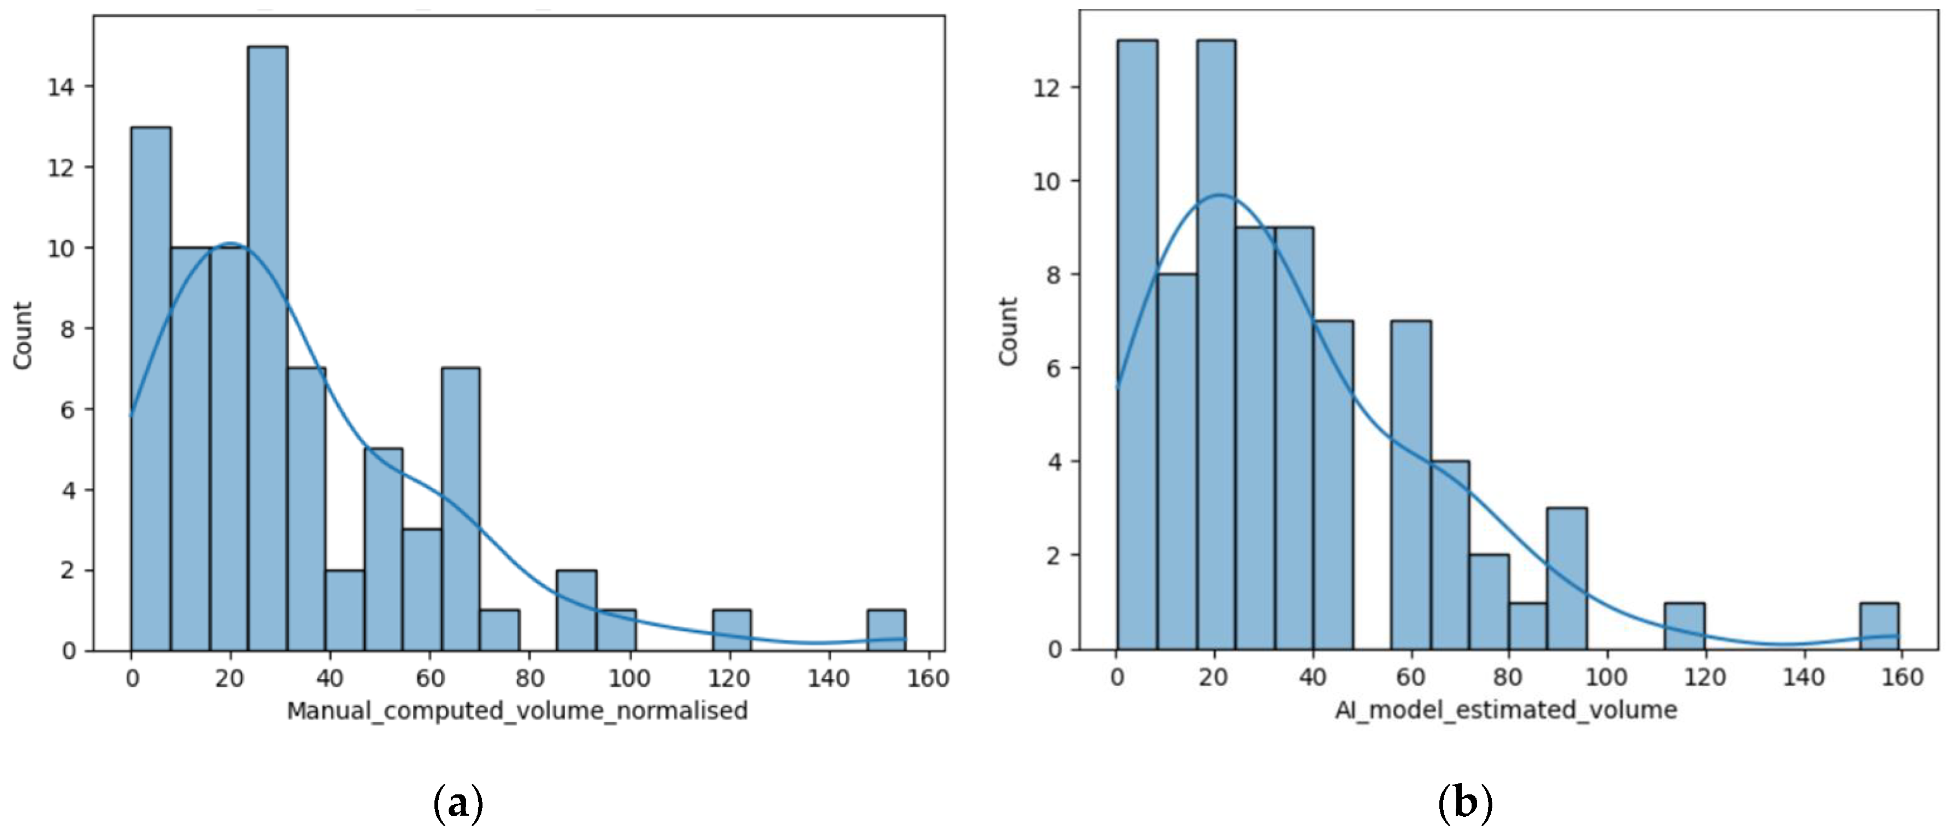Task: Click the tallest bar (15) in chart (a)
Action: tap(268, 349)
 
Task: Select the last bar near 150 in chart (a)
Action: tap(886, 631)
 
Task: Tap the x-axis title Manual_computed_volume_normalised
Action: tap(517, 710)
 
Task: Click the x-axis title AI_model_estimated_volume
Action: tap(1505, 710)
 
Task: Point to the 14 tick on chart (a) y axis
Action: tap(61, 87)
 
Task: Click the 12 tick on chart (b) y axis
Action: tap(1047, 88)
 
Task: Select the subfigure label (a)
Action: tap(458, 804)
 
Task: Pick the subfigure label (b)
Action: tap(1464, 804)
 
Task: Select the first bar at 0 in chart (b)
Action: tap(1137, 345)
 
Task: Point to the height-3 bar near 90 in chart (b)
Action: tap(1566, 579)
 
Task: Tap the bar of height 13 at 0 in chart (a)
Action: tap(151, 389)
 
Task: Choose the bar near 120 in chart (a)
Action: tap(732, 631)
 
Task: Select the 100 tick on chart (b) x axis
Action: tap(1607, 676)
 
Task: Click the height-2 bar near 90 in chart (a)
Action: tap(576, 610)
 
